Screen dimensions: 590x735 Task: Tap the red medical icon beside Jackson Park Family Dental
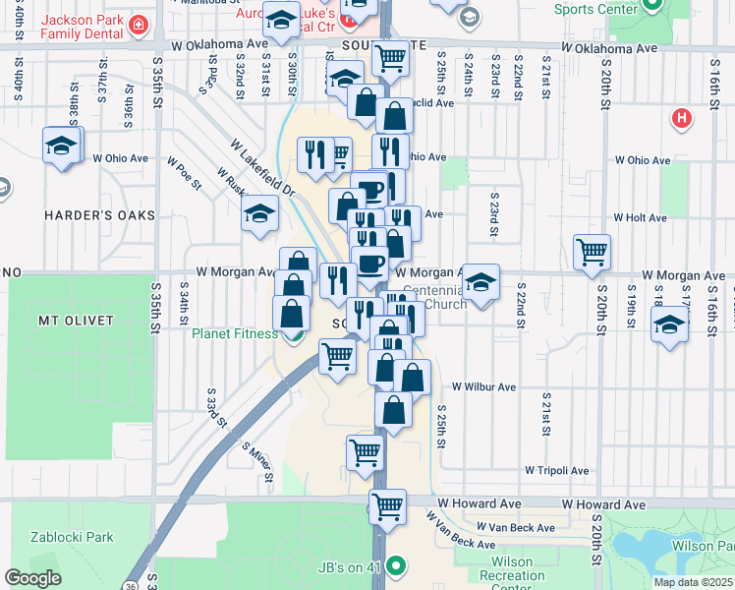tap(140, 23)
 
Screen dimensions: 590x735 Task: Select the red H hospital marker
tap(681, 119)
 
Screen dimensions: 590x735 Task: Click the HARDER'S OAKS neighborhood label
tap(85, 214)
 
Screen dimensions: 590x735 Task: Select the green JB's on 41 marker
tap(396, 565)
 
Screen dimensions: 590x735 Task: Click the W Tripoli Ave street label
tap(558, 471)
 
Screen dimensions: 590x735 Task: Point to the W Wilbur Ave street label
tap(484, 387)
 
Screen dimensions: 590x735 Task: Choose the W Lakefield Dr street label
tap(262, 167)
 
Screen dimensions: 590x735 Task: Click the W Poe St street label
tap(184, 172)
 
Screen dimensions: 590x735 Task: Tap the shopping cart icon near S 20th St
tap(592, 251)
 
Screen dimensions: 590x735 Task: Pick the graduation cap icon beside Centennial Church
tap(481, 281)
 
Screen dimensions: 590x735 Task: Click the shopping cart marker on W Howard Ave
tap(388, 506)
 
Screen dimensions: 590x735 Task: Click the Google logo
tap(32, 578)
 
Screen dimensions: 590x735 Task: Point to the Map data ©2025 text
tap(692, 582)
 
